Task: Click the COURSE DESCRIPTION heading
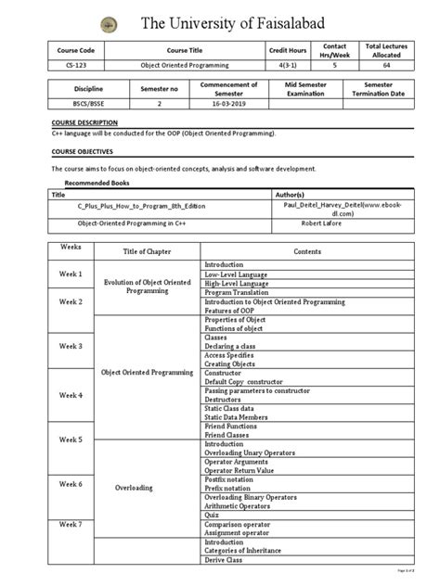point(84,122)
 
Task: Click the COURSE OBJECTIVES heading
point(82,149)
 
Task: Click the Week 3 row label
point(71,346)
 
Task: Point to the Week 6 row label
point(71,484)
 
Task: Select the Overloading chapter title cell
point(135,488)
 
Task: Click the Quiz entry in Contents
point(211,516)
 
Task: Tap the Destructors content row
point(223,401)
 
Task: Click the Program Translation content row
point(237,292)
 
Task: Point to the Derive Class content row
point(223,560)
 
